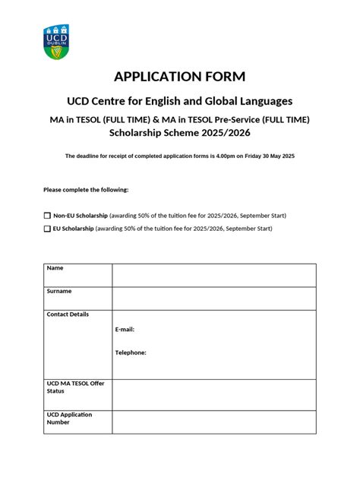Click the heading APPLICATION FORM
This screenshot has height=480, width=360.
(x=180, y=76)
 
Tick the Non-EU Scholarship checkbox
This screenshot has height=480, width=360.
(x=47, y=216)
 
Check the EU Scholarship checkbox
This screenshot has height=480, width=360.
(x=47, y=229)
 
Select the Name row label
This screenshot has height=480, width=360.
(x=55, y=268)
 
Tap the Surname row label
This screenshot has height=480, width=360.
(x=59, y=291)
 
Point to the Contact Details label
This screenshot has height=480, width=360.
(x=68, y=314)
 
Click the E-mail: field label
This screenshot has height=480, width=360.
(x=125, y=330)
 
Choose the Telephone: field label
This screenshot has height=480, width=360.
(x=131, y=352)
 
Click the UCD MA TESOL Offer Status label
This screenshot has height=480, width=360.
(x=75, y=387)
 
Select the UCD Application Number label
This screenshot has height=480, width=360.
(x=69, y=418)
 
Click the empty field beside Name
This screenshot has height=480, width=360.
(x=213, y=275)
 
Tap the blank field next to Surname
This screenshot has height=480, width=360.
(x=213, y=298)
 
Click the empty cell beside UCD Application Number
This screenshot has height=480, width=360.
(x=213, y=422)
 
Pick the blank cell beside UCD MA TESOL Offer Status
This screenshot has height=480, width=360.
(x=213, y=394)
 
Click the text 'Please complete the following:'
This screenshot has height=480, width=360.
(x=86, y=189)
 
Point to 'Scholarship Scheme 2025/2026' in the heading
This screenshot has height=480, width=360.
(x=180, y=133)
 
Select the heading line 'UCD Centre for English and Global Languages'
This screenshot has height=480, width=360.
(x=180, y=101)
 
